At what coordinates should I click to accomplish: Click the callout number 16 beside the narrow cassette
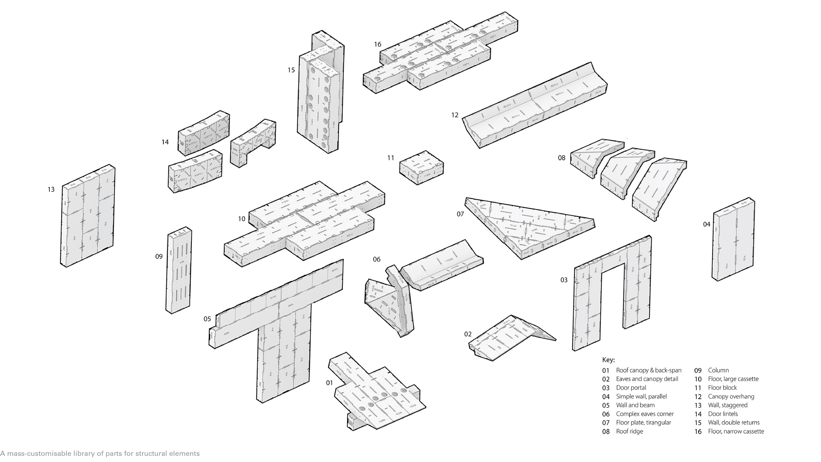pos(378,44)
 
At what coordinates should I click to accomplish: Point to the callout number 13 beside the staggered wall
pos(51,189)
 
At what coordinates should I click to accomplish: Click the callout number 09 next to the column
pos(159,256)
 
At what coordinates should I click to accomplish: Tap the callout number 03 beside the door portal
pos(564,280)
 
